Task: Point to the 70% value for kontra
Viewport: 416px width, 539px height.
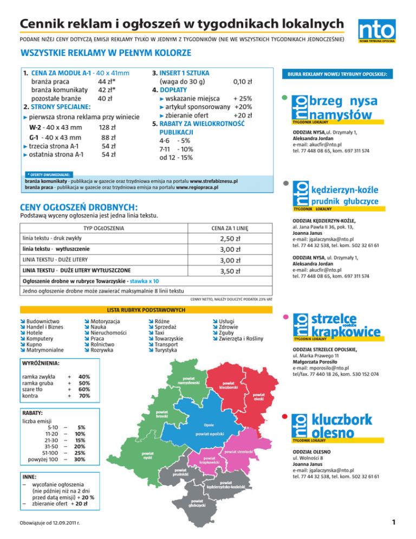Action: (84, 396)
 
